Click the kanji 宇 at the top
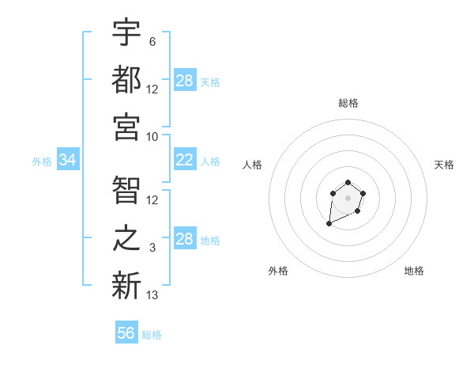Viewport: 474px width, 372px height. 126,33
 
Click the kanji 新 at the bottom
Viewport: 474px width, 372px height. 126,285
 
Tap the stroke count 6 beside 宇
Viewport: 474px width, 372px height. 152,42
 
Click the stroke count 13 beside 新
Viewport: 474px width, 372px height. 152,295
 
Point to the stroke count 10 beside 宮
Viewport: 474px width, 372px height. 152,136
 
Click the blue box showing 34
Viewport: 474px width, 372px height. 68,161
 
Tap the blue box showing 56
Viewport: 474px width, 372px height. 126,333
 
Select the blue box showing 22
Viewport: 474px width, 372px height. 185,161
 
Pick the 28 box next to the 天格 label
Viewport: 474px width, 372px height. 185,81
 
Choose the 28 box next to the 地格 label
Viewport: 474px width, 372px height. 185,239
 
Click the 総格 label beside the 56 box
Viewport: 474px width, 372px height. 152,335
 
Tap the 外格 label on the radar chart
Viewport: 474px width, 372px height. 278,271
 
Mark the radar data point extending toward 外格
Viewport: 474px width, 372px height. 329,224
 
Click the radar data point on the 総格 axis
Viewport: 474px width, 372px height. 348,183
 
